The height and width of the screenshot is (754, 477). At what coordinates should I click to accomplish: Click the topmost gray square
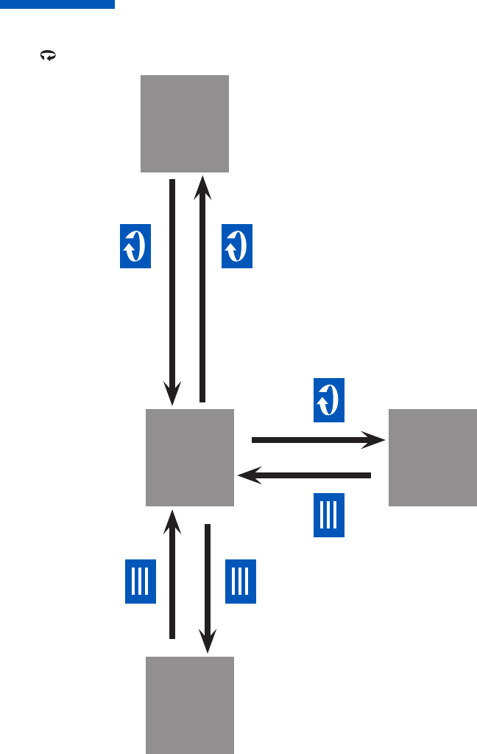185,123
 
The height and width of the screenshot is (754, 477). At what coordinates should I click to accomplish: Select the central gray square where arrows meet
190,457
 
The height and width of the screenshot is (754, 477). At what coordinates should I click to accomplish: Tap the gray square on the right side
432,457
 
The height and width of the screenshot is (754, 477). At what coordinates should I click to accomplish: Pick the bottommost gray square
190,705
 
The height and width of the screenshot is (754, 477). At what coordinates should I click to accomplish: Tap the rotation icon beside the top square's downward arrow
135,246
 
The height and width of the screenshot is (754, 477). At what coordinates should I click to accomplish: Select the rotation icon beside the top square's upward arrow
237,246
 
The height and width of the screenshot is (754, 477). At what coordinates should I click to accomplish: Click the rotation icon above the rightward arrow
329,401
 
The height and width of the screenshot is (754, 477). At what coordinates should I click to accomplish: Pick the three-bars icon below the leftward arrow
329,515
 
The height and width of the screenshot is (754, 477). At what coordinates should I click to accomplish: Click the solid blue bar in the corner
57,4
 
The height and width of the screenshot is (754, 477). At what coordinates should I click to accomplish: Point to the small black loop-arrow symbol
49,55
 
